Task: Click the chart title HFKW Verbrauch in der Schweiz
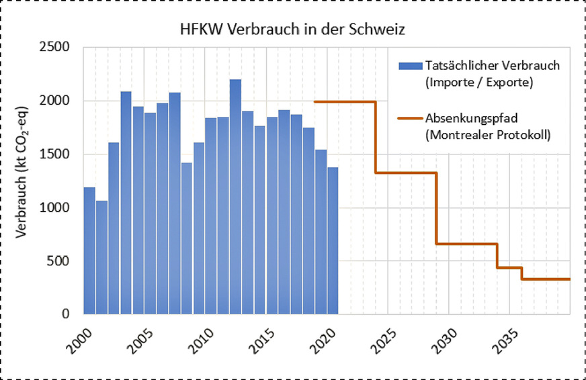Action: pos(292,30)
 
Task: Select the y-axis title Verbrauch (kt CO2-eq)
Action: pos(22,181)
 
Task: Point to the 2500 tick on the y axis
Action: pos(57,48)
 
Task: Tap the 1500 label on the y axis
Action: pos(57,154)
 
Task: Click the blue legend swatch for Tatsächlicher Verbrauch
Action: pos(409,66)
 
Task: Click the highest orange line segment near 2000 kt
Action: pos(345,101)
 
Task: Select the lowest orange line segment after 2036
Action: pos(546,279)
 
